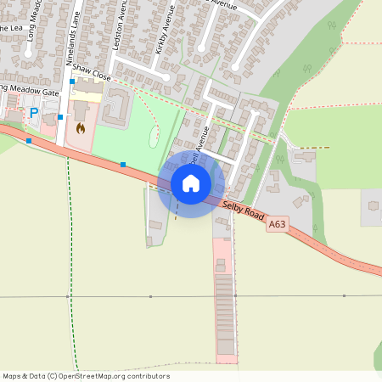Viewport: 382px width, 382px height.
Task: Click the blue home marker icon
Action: [x=191, y=183]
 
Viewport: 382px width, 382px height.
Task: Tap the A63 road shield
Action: [x=278, y=225]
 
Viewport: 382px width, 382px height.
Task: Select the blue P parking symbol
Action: [x=34, y=113]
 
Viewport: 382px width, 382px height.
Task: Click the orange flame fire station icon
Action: [x=81, y=129]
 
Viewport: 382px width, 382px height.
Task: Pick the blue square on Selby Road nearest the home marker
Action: [x=123, y=165]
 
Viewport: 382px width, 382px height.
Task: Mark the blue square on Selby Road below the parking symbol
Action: [x=29, y=140]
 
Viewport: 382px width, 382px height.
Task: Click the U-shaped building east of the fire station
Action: [x=118, y=106]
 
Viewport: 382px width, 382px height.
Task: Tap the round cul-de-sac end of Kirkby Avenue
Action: [x=179, y=79]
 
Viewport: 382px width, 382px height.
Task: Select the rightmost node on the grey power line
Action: [x=345, y=295]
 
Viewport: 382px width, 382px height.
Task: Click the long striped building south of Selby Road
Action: [x=224, y=314]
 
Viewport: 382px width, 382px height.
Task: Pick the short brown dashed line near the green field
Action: [x=315, y=148]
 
